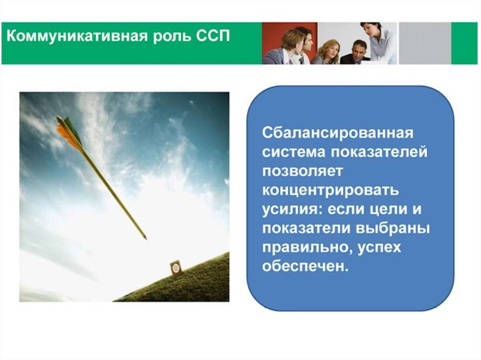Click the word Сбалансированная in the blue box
(338, 133)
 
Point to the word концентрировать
(331, 191)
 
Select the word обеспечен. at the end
(305, 266)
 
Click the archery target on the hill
(176, 268)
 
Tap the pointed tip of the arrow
(146, 238)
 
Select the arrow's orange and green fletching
(70, 132)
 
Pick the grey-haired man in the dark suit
(356, 53)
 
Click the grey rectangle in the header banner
(425, 43)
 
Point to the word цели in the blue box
(384, 210)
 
